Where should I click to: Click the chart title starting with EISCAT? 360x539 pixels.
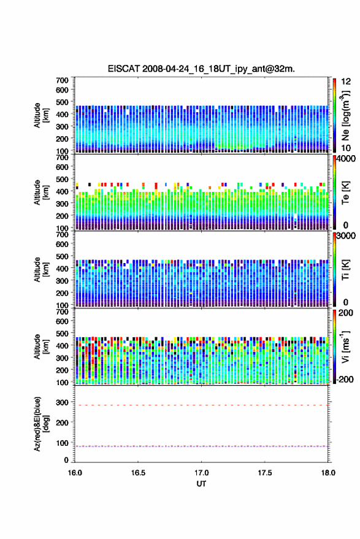pos(201,69)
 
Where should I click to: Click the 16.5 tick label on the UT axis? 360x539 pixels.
pos(138,473)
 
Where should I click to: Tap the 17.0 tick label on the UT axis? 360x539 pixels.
pos(201,473)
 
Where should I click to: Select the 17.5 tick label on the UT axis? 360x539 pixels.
pos(265,473)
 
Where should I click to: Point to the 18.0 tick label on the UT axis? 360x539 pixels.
pos(328,473)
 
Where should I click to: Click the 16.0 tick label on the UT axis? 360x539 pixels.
pos(75,473)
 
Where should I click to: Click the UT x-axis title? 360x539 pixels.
pos(201,484)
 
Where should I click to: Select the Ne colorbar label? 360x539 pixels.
pos(345,115)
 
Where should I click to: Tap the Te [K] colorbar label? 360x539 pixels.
pos(345,193)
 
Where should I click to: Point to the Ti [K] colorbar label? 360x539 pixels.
pos(345,270)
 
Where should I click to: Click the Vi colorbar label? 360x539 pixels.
pos(345,346)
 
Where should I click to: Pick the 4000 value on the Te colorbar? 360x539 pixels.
pos(346,159)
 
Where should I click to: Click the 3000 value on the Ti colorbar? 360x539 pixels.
pos(346,236)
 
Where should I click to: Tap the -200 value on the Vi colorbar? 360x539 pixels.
pos(345,379)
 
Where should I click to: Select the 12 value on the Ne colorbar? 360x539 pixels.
pos(346,82)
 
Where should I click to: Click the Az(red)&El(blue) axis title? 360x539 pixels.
pos(41,424)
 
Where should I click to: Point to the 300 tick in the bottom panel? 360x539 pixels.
pos(62,402)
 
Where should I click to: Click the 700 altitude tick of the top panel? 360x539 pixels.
pos(62,80)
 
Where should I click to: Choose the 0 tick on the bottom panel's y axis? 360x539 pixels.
pos(66,460)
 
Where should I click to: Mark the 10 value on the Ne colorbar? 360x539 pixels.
pos(346,148)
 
